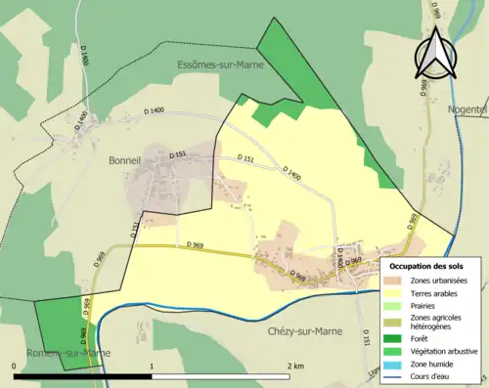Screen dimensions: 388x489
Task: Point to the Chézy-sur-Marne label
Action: pyautogui.click(x=309, y=331)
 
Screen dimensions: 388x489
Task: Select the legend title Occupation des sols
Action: pyautogui.click(x=428, y=267)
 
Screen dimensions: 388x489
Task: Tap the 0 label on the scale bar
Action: pyautogui.click(x=15, y=366)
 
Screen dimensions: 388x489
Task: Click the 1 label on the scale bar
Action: pyautogui.click(x=152, y=366)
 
